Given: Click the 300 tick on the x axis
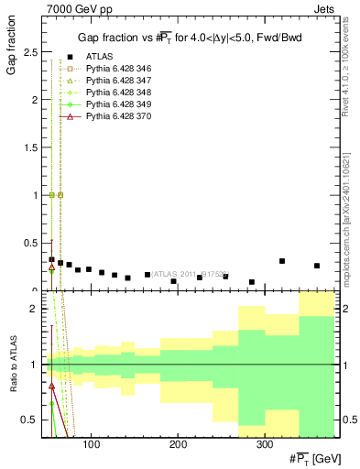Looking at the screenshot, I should pos(264,444).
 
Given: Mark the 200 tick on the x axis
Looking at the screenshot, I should pos(178,444).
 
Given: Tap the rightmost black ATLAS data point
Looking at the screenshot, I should pos(317,266).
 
